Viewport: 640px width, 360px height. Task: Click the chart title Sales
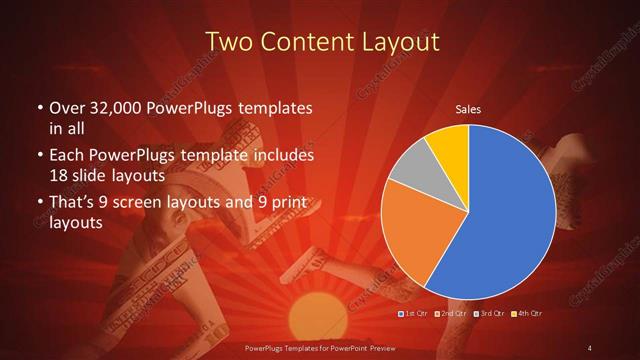coord(468,109)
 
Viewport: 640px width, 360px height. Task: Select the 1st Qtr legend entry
coord(414,314)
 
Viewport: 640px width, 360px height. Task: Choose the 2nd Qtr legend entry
coord(454,314)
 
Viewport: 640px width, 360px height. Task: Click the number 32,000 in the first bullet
coord(107,107)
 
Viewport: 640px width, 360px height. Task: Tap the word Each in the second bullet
coord(65,156)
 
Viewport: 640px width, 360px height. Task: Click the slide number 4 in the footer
coord(590,347)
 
